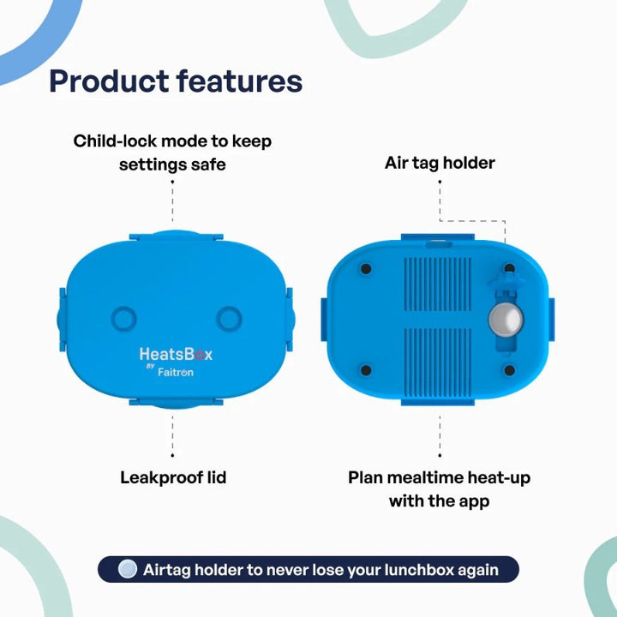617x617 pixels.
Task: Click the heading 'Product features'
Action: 176,81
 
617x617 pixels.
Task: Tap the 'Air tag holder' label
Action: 440,163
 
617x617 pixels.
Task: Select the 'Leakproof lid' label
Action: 173,477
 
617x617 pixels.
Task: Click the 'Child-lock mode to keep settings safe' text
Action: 172,152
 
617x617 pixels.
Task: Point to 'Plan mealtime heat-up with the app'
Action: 439,488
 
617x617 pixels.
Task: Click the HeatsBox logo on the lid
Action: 176,354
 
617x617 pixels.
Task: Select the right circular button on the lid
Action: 230,319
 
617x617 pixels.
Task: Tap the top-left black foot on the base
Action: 366,269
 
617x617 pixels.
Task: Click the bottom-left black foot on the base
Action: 366,370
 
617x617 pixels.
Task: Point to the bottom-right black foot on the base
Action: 509,370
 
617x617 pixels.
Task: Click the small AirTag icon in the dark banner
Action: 128,569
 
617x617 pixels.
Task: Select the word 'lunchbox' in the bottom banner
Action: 434,569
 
